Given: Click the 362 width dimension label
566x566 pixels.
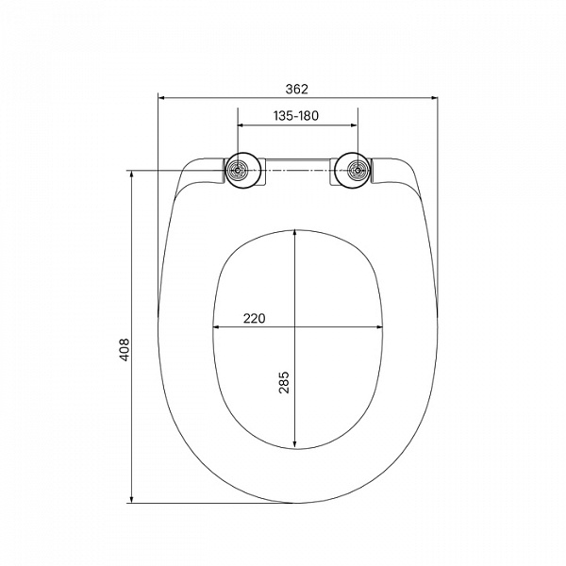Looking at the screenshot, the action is point(297,89).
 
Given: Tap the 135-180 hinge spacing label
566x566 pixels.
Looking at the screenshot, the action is point(296,116).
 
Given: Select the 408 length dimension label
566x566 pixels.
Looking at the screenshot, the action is point(125,350).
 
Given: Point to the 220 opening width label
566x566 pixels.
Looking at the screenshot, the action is point(254,319).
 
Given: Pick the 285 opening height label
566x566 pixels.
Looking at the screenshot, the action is point(284,382).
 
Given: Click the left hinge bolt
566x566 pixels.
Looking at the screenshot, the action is point(238,171).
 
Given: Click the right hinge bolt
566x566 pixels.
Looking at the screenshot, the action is point(358,171).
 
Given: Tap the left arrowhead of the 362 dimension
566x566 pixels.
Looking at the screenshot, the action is point(162,97).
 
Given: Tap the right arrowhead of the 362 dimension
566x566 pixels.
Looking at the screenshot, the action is point(434,97).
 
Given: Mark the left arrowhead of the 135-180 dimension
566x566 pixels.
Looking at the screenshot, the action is point(241,125).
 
